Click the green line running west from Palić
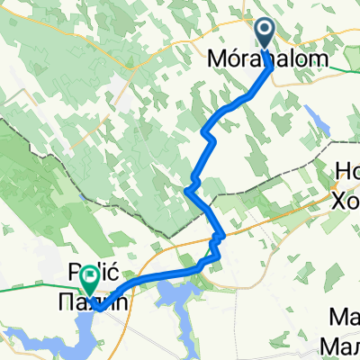36,290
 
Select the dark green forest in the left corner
18,180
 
